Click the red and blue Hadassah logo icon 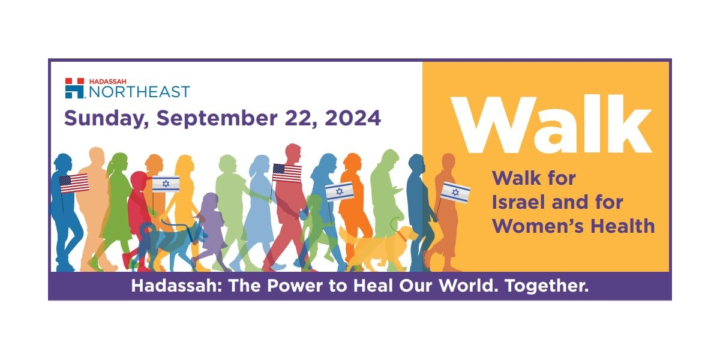click(74, 88)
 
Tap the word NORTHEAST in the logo click(139, 92)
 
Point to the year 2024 click(353, 118)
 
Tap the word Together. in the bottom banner click(546, 286)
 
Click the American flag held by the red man click(287, 173)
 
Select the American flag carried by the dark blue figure click(74, 183)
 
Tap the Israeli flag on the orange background click(455, 192)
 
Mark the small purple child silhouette click(209, 228)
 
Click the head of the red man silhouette click(293, 154)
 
